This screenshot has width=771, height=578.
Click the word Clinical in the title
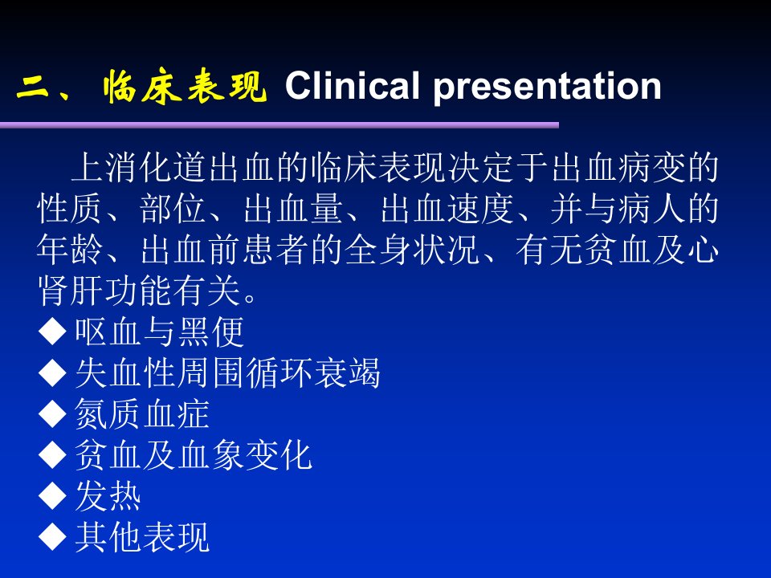click(352, 86)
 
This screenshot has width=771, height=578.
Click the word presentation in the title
click(547, 88)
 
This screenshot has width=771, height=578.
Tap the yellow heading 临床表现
click(186, 87)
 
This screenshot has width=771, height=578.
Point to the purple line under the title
click(279, 125)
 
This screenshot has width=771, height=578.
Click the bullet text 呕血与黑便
click(159, 332)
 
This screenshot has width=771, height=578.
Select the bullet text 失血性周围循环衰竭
click(227, 373)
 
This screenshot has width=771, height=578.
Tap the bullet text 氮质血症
click(142, 414)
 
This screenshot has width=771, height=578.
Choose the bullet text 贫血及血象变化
click(194, 454)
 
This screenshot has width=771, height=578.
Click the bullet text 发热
click(108, 495)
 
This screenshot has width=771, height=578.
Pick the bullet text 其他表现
click(142, 537)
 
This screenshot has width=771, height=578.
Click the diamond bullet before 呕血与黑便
click(53, 332)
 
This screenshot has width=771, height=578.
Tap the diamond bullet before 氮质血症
click(53, 414)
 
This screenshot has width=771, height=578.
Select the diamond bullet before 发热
click(53, 495)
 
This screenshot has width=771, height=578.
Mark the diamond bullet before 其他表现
click(53, 537)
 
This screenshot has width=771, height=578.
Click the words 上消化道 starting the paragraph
click(139, 168)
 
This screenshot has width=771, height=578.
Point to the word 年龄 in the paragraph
click(71, 250)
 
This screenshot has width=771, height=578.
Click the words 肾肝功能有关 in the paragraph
click(139, 291)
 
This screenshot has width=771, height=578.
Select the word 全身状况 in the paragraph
click(412, 250)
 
